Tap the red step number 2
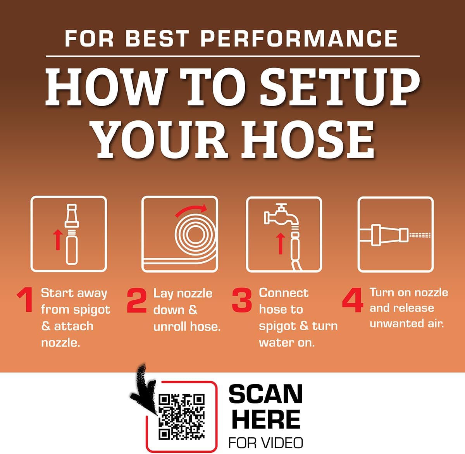click(136, 300)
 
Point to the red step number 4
click(353, 300)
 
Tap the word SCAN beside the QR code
click(265, 394)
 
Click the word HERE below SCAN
click(266, 419)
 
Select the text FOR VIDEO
click(265, 442)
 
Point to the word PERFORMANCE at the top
click(299, 38)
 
